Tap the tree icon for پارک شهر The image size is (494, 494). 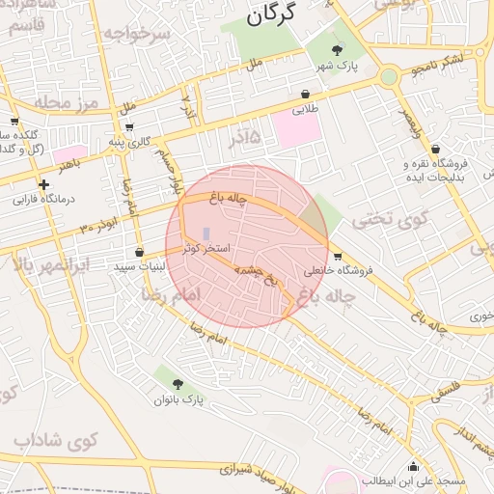coord(337,50)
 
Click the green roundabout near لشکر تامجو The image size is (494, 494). coord(389,76)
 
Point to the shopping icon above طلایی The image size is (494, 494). coord(306,95)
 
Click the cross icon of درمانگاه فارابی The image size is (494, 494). coord(43,184)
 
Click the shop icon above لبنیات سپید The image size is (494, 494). coord(140,252)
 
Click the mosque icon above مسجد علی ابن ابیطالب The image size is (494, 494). coord(414,466)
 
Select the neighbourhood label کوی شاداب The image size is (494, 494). coord(58,441)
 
